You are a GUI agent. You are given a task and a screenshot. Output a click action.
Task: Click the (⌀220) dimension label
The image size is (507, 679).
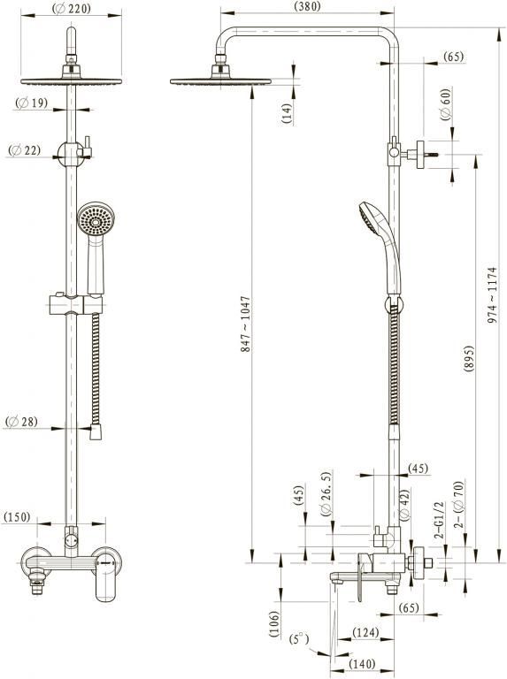(x=72, y=8)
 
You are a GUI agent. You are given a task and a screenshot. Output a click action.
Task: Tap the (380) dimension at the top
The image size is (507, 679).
(x=307, y=6)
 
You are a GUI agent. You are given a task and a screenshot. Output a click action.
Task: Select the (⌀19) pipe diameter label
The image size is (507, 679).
(x=31, y=103)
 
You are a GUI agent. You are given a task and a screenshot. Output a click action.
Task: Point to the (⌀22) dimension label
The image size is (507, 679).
(x=24, y=150)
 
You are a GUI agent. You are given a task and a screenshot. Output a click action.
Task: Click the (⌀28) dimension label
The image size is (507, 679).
(x=21, y=421)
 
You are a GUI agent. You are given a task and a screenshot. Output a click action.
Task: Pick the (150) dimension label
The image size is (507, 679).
(x=17, y=517)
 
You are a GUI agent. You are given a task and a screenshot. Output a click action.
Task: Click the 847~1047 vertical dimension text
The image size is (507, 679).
(x=246, y=324)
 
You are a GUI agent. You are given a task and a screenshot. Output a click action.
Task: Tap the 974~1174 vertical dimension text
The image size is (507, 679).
(x=492, y=295)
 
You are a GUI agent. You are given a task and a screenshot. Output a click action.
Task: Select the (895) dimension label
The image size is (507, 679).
(x=468, y=359)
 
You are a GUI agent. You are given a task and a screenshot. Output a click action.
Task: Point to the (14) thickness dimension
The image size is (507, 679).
(x=287, y=113)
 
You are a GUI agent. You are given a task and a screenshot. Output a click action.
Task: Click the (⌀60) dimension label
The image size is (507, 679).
(x=445, y=104)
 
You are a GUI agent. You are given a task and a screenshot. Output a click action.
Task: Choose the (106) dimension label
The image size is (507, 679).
(x=274, y=623)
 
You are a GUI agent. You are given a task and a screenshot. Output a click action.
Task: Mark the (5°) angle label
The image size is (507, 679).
(x=299, y=639)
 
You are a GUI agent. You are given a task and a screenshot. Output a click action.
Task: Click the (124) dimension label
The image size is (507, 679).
(x=365, y=633)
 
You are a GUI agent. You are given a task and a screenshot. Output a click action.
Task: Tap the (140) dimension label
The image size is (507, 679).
(x=362, y=664)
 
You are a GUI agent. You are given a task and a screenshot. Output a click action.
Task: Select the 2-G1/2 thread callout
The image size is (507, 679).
(x=440, y=520)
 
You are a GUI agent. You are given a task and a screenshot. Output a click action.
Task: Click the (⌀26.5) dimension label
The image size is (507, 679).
(x=326, y=494)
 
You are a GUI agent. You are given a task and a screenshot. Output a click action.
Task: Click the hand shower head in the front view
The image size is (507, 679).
(x=96, y=218)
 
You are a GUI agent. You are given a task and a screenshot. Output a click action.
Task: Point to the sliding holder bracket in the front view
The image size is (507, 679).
(x=76, y=305)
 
